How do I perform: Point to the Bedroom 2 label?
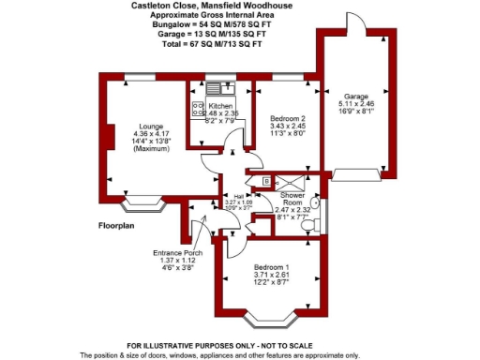tap(289, 120)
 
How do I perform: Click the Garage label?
tap(355, 96)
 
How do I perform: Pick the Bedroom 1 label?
tap(272, 267)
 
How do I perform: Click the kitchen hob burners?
tap(198, 109)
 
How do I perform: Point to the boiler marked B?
tap(266, 180)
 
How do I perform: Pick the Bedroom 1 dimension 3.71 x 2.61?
tap(272, 276)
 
